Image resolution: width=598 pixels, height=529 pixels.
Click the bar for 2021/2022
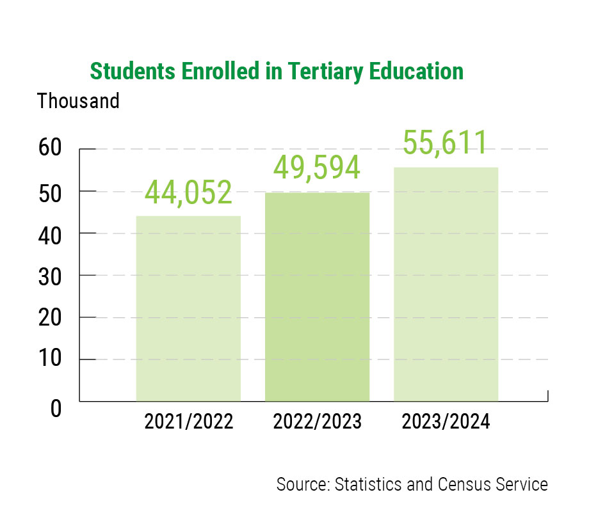coord(188,308)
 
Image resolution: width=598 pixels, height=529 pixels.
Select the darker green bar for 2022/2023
coord(317,297)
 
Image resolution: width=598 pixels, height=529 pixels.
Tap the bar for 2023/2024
coord(446,284)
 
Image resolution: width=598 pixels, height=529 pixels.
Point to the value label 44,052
coord(188,193)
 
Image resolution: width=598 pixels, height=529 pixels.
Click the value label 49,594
coord(317,168)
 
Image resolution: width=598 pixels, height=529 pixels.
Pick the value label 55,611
coord(446,143)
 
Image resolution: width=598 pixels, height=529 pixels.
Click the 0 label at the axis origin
coord(57,408)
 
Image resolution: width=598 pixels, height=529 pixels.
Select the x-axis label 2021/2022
coord(188,422)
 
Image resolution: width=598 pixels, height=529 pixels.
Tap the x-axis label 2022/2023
coord(317,422)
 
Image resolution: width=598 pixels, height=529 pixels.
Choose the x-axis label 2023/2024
coord(446,422)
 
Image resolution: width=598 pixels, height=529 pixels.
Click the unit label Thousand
coord(78,101)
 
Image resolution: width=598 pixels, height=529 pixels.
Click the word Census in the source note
coord(465,484)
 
